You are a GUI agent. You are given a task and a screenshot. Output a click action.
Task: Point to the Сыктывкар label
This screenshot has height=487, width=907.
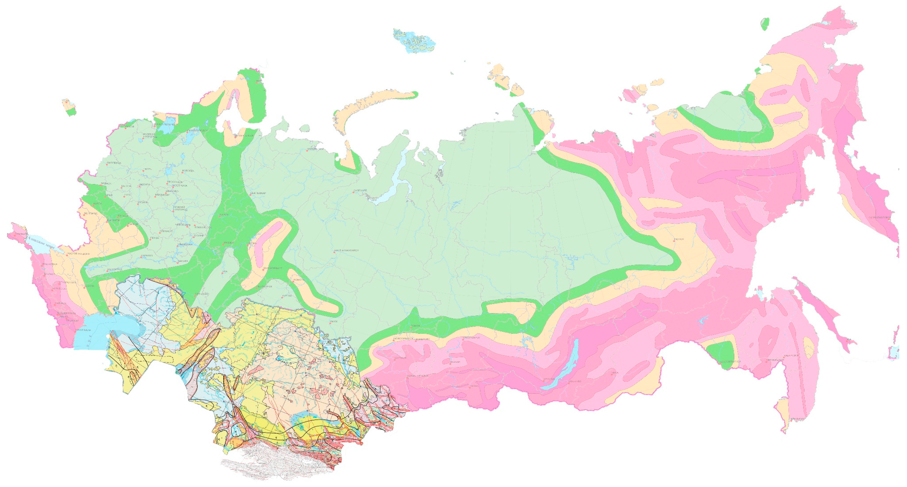pyautogui.click(x=258, y=193)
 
